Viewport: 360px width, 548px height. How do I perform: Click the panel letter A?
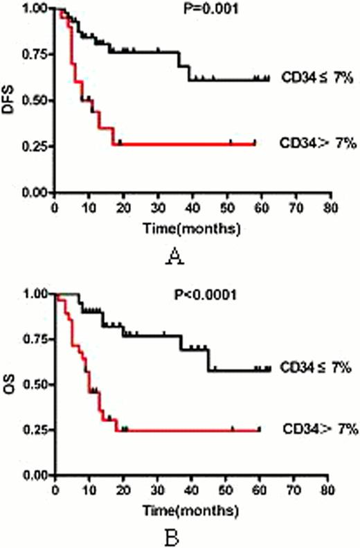click(x=175, y=258)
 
